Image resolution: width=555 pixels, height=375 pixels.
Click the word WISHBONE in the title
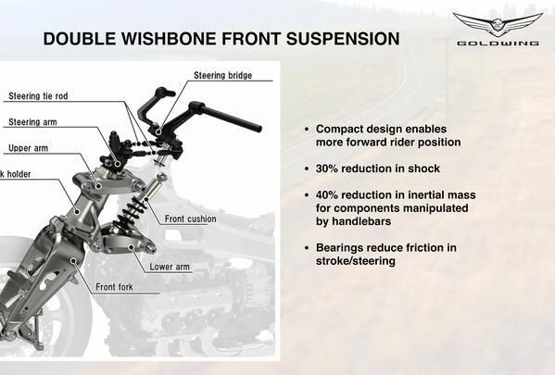[x=168, y=39]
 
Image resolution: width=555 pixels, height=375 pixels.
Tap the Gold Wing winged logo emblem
[x=498, y=24]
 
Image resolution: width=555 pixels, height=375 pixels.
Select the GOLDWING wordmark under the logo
[x=498, y=44]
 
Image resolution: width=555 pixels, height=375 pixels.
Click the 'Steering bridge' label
[x=223, y=75]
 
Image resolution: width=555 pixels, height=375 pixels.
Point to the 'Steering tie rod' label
[x=38, y=96]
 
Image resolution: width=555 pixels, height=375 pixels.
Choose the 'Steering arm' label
[x=32, y=122]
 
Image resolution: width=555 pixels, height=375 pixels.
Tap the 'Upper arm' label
[x=29, y=148]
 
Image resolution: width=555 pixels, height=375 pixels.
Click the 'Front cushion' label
[x=191, y=219]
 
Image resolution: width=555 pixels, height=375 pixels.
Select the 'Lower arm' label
[x=170, y=267]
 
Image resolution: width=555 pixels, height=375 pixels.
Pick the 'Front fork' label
[x=114, y=286]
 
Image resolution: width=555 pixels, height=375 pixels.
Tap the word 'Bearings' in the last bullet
[x=338, y=248]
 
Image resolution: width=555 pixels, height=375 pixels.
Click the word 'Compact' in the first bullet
[x=338, y=129]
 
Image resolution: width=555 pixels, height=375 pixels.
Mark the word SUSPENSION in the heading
[x=343, y=39]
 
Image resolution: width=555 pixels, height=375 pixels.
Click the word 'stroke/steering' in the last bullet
[x=356, y=261]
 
